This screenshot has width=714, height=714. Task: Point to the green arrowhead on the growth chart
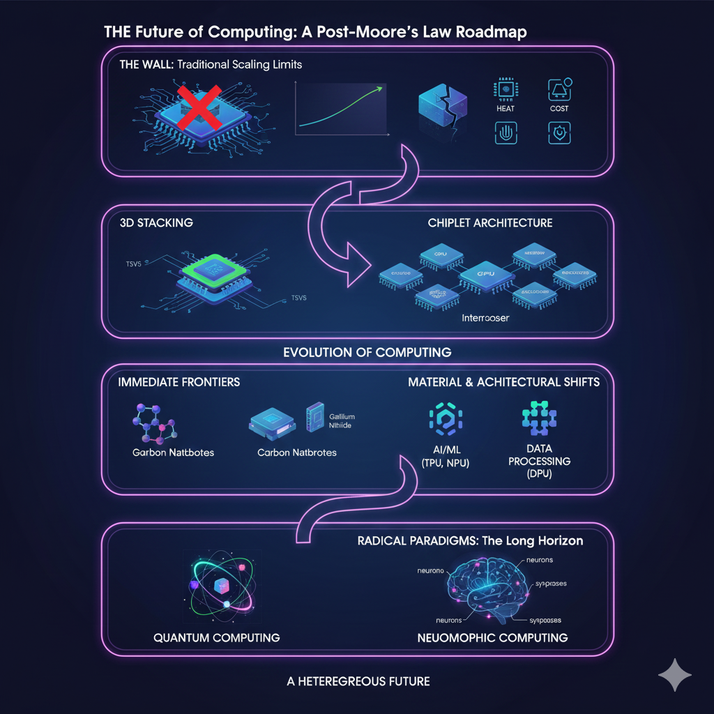(x=380, y=89)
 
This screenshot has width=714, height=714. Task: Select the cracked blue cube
(x=443, y=112)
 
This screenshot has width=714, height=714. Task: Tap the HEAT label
(x=506, y=109)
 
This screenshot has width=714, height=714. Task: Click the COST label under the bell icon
(x=559, y=109)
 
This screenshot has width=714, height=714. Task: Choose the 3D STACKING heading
(x=156, y=222)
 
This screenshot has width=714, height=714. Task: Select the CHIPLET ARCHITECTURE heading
(x=489, y=222)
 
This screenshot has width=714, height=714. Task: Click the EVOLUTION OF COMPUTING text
(x=367, y=352)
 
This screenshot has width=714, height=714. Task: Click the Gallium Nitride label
(x=341, y=421)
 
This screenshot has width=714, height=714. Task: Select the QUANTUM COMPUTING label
(x=216, y=637)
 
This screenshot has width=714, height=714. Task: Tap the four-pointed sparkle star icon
(x=674, y=675)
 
